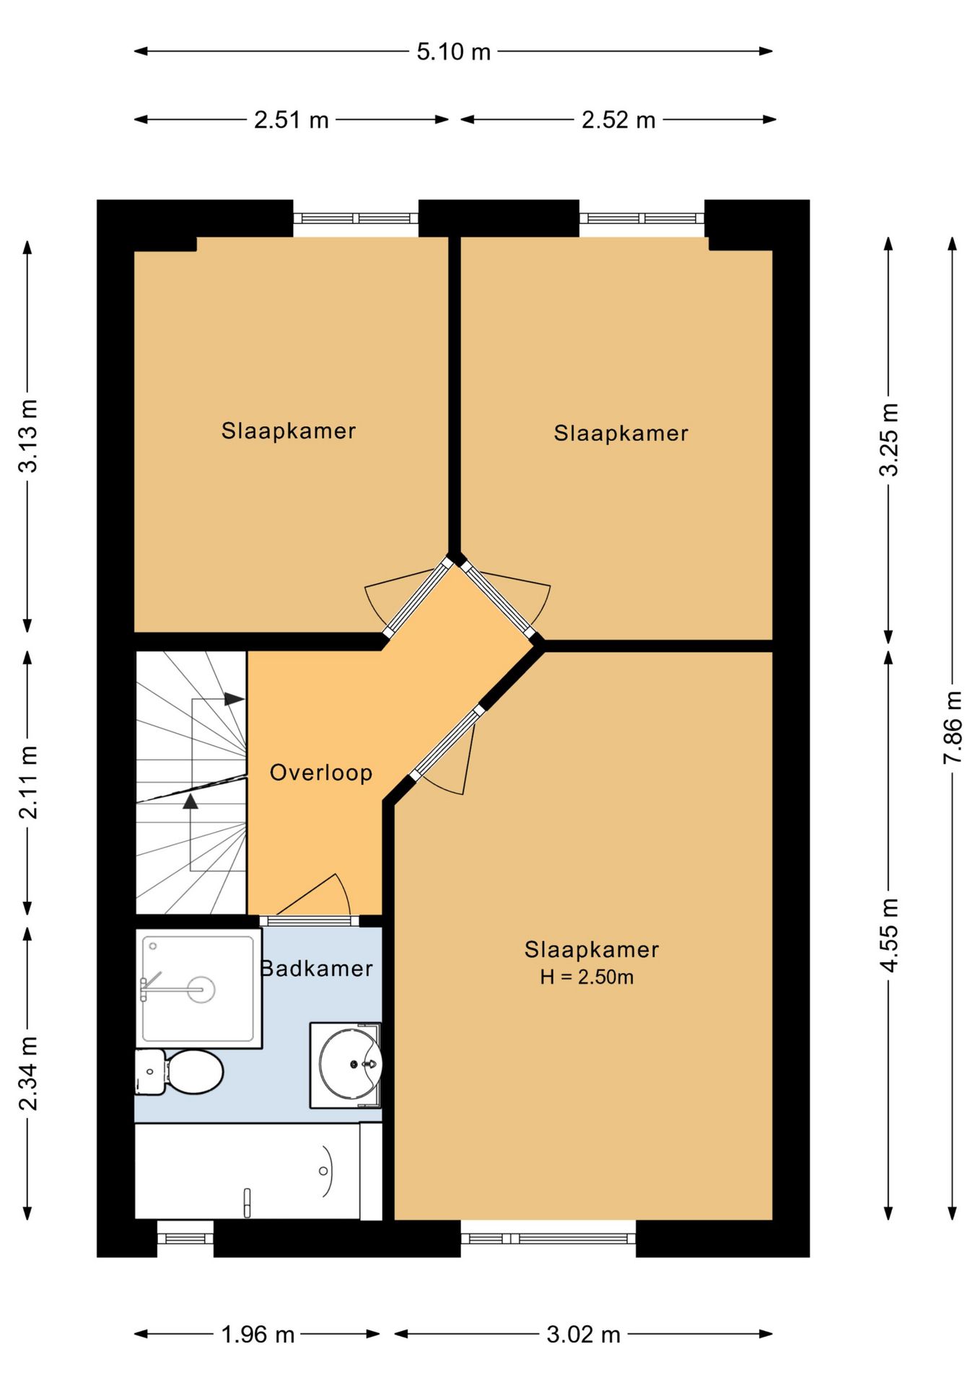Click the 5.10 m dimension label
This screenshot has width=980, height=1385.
(x=453, y=52)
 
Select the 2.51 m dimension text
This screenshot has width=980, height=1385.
(x=292, y=120)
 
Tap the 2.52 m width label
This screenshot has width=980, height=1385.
(x=618, y=120)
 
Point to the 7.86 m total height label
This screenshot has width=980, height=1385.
(x=953, y=727)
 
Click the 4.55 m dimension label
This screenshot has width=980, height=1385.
(x=889, y=935)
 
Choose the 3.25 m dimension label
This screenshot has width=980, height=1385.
(x=889, y=439)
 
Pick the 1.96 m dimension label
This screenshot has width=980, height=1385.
(x=258, y=1335)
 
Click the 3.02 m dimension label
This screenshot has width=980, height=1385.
(x=583, y=1335)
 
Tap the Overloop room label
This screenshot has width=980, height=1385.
(x=321, y=773)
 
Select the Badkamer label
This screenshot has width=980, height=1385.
(x=317, y=968)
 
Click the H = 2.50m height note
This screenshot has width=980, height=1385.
(x=587, y=977)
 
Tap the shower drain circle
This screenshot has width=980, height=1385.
(x=201, y=989)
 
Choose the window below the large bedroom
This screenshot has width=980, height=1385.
(x=548, y=1239)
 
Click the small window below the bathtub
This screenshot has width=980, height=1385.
(x=185, y=1239)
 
